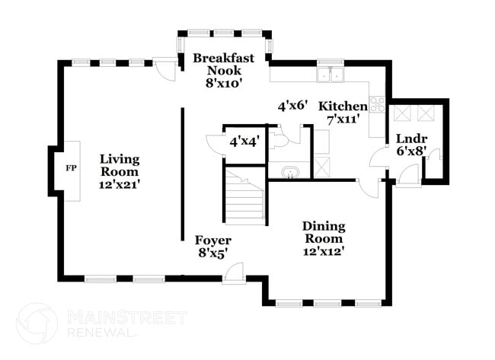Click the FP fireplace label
point(71,168)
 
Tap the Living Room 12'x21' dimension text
point(120,185)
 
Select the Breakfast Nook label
point(223,64)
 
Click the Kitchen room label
point(343,107)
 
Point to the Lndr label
point(412,139)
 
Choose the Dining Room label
point(324,232)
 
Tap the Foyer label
point(213,241)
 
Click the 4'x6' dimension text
point(292,106)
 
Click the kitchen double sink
point(331,75)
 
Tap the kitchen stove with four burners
point(378,104)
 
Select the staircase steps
point(244,196)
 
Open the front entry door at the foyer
point(234,274)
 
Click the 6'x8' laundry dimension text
point(412,151)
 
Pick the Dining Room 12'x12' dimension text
point(323,252)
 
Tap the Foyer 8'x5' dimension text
point(213,253)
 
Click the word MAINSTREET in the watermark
point(127,317)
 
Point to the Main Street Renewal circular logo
point(37,323)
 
